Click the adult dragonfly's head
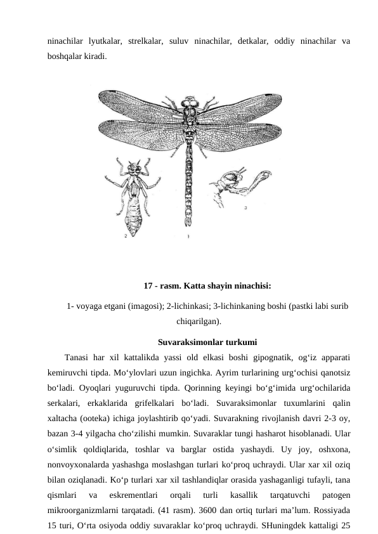[x=189, y=101]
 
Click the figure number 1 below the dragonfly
[x=188, y=236]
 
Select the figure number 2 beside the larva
[x=126, y=235]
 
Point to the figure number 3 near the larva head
[x=245, y=207]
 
